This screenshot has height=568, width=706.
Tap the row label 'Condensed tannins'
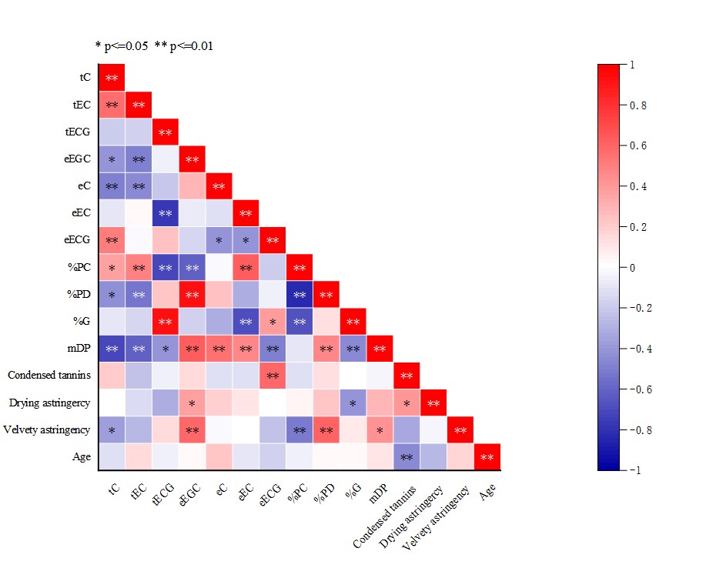(x=49, y=376)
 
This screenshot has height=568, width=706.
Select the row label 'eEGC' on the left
(x=78, y=159)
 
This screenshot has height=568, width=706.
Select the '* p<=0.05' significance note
(x=121, y=46)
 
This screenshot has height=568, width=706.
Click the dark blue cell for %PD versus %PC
(x=299, y=294)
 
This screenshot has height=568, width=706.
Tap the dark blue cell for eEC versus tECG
(x=165, y=213)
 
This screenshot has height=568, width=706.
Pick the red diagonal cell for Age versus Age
(x=487, y=456)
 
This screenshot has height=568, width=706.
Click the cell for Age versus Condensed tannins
(x=407, y=456)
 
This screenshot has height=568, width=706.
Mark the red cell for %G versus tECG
(x=165, y=321)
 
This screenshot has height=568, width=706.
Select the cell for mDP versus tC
(x=112, y=349)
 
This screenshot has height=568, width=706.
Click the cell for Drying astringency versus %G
(x=353, y=403)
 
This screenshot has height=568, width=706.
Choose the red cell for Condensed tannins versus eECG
(x=273, y=376)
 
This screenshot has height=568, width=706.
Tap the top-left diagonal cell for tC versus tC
(x=112, y=78)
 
